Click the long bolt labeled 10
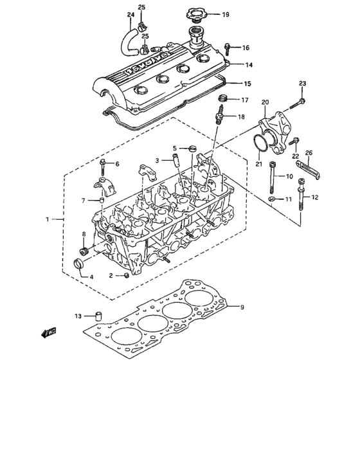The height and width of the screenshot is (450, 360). (274, 175)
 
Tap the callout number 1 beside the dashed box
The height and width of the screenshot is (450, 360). (47, 219)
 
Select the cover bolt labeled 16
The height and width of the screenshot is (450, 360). (231, 47)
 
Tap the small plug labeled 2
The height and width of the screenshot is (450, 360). (127, 275)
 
